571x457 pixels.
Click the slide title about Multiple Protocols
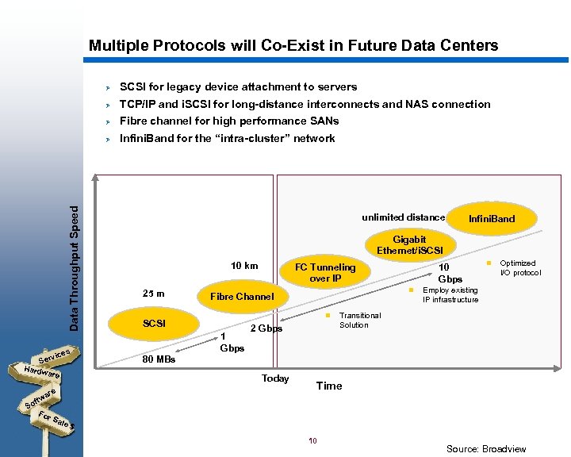point(293,45)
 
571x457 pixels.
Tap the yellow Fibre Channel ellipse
point(242,296)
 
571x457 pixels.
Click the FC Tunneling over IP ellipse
point(325,272)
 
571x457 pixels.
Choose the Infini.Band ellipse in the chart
point(492,218)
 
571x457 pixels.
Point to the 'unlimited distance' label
point(403,217)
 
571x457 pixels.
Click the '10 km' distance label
point(243,265)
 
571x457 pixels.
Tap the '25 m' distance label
point(153,294)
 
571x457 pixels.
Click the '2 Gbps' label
point(266,328)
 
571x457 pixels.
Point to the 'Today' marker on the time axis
point(275,378)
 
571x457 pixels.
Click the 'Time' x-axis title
point(329,386)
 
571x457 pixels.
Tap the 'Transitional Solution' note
point(359,320)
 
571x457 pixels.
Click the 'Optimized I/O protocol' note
point(519,267)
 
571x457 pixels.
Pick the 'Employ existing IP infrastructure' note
point(450,295)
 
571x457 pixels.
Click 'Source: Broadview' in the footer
point(485,448)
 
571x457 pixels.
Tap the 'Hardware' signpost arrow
point(41,371)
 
